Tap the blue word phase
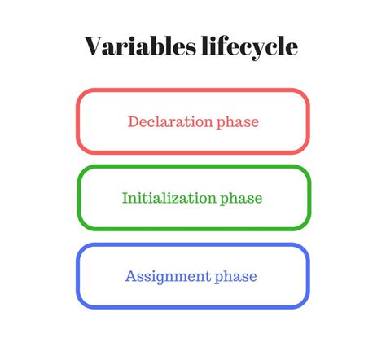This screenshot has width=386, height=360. [235, 277]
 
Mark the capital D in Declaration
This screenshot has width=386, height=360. [133, 122]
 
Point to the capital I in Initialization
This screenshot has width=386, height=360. [125, 198]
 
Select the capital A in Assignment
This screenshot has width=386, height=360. [130, 276]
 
